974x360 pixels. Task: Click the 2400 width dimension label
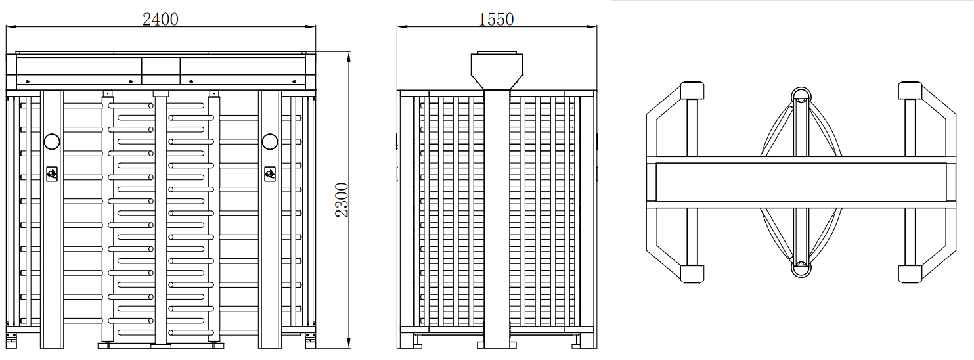pos(160,19)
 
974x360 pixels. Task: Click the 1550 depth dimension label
pos(496,19)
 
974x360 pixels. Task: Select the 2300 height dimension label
pos(342,200)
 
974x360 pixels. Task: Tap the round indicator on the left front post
pos(52,141)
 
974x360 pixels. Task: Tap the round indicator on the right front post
pos(269,141)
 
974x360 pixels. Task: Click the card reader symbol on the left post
pos(52,174)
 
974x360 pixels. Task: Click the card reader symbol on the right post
pos(269,174)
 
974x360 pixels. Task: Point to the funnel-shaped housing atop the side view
pos(497,71)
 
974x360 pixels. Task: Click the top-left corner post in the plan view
pos(692,91)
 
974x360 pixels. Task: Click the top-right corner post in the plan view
pos(910,91)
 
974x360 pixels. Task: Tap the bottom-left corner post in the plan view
pos(692,274)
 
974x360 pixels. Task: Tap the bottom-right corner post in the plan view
pos(910,274)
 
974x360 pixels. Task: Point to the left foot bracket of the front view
pos(11,340)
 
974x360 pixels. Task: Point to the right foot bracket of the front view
pos(311,340)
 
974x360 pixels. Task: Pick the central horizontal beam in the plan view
pos(801,182)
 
